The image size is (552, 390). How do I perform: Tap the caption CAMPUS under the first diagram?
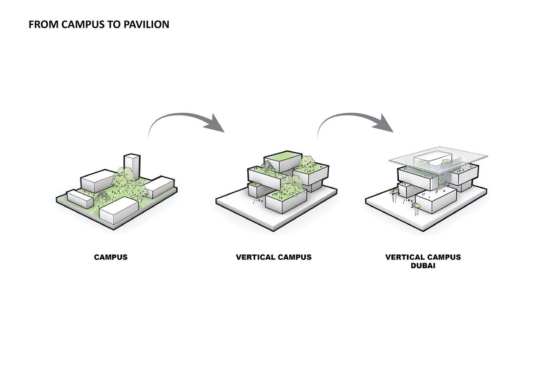111,257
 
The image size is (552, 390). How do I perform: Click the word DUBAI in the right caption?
423,265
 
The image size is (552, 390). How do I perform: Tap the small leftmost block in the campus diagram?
80,198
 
